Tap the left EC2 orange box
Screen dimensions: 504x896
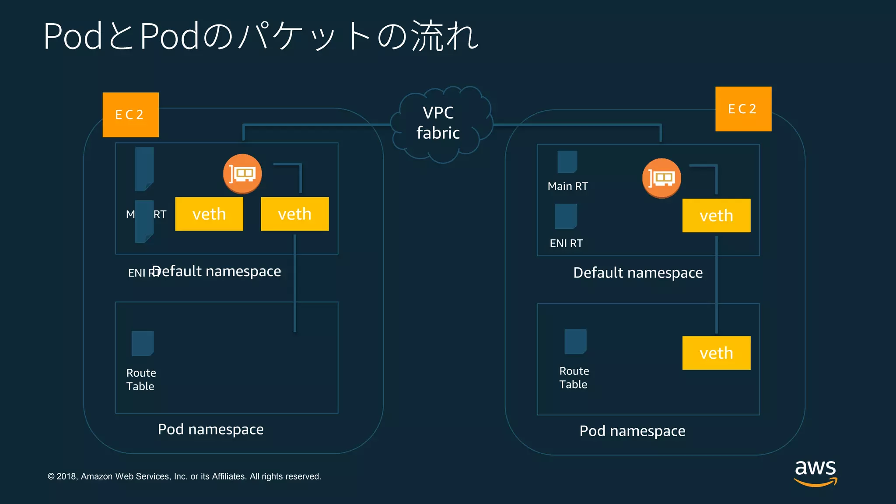(130, 115)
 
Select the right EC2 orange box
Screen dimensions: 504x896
(743, 109)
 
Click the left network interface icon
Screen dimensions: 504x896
(242, 174)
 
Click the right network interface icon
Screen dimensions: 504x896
(661, 178)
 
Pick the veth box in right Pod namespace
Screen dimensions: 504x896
(716, 353)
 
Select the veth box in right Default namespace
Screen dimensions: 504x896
(716, 216)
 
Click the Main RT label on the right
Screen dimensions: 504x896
(567, 186)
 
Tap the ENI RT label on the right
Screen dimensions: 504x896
(566, 243)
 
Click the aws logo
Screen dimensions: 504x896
(815, 472)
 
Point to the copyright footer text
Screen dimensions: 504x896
(184, 476)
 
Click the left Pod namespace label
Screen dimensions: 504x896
(210, 429)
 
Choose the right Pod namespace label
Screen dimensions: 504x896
(632, 431)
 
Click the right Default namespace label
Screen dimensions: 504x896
(638, 273)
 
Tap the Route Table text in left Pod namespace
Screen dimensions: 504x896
(141, 379)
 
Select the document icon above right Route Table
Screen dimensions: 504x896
(575, 341)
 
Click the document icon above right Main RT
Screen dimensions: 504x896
(567, 162)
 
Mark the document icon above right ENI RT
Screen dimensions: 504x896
(566, 216)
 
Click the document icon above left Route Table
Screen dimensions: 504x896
(143, 343)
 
